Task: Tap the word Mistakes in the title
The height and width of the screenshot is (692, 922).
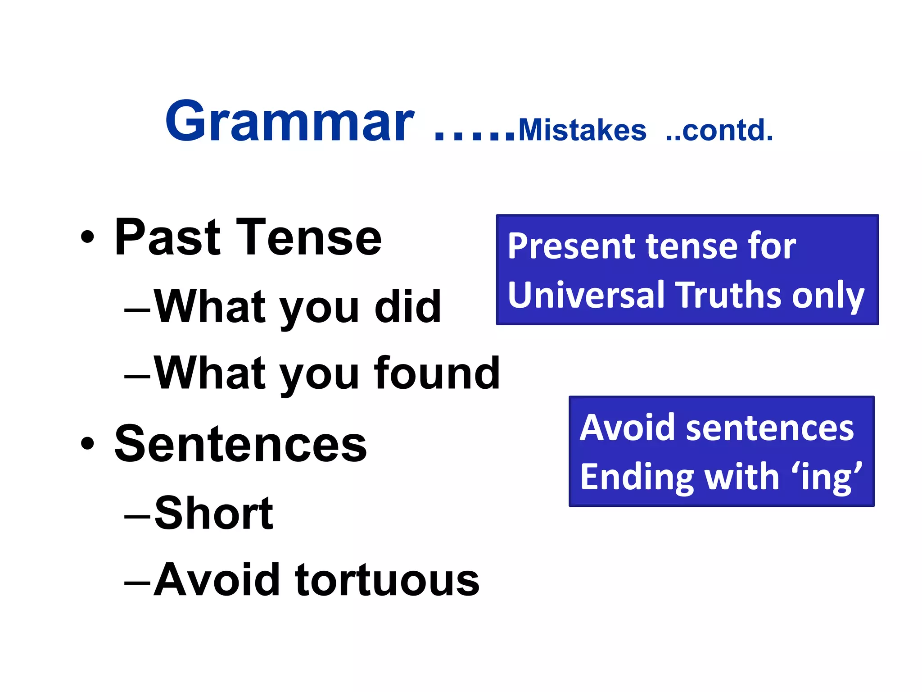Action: click(x=582, y=131)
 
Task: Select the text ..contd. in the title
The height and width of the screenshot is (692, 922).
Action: click(x=719, y=131)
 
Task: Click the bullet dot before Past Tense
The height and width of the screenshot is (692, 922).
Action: click(x=88, y=237)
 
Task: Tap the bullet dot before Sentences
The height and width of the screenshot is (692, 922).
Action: click(x=88, y=444)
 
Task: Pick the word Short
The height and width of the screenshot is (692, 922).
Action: click(x=214, y=514)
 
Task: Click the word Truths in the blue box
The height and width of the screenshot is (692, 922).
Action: click(x=729, y=295)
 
